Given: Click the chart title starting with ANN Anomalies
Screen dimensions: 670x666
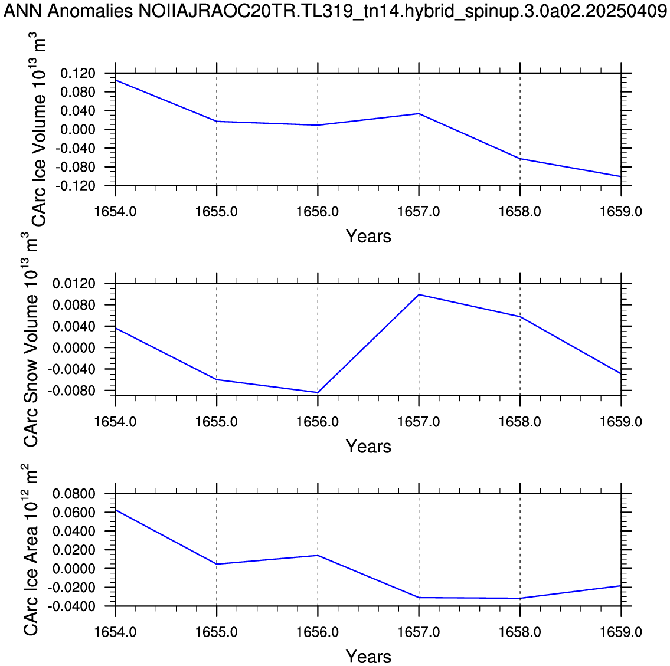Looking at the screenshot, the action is tap(335, 12).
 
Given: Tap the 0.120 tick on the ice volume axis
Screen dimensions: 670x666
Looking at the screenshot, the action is tap(78, 73).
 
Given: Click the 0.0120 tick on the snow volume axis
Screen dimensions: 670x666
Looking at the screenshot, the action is tap(74, 284).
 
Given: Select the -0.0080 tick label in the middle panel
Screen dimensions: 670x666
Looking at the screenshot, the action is tap(71, 391).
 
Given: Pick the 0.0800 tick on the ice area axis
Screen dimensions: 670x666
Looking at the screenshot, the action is tap(74, 494).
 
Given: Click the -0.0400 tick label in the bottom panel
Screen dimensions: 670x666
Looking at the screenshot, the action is tap(71, 606).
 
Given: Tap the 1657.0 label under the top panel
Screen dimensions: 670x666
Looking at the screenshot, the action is tap(419, 212).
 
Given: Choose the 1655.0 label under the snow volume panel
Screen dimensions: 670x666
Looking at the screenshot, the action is tap(217, 422).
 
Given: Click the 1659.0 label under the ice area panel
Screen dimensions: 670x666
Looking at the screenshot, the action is tap(621, 632).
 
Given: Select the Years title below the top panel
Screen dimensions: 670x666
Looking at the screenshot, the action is tap(368, 236).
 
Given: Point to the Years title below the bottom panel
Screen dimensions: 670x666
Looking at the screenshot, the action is tap(368, 656).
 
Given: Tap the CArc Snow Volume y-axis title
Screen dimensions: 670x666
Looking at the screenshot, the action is tap(31, 340).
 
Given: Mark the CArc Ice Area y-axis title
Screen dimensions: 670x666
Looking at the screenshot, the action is tap(31, 550).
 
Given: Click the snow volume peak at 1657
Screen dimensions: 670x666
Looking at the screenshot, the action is tap(419, 294).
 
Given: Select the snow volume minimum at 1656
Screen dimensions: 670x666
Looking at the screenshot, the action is tap(318, 392).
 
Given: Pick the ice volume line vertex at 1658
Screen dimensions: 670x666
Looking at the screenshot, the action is tap(520, 159).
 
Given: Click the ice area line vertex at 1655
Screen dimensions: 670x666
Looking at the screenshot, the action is tap(217, 564).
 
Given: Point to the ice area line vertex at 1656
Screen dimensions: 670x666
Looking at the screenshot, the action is tap(318, 555).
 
